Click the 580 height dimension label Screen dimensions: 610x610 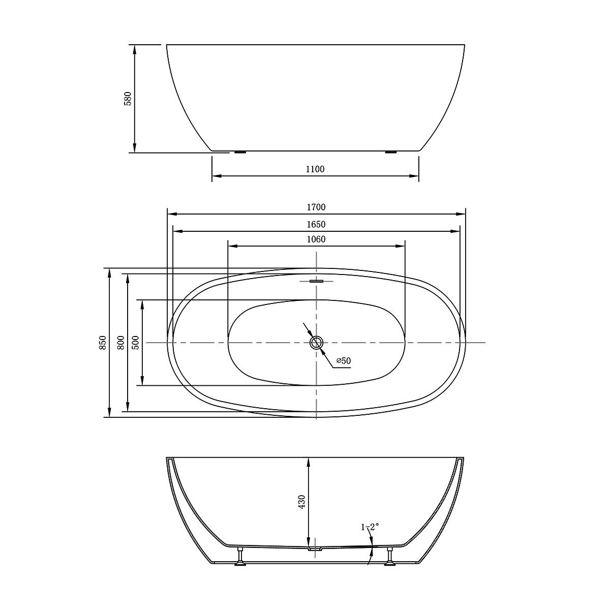click(x=128, y=98)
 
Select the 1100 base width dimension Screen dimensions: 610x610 click(x=315, y=169)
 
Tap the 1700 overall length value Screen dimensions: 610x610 click(x=316, y=207)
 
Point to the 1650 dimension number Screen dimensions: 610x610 click(x=316, y=224)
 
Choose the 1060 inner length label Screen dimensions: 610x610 click(x=316, y=239)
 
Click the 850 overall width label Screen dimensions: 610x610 click(x=103, y=343)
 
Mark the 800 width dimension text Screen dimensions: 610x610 click(x=120, y=343)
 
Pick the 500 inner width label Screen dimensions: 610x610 click(x=135, y=343)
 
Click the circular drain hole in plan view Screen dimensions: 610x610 click(x=317, y=343)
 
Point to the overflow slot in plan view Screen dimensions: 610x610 click(x=317, y=281)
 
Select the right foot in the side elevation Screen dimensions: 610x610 click(x=391, y=151)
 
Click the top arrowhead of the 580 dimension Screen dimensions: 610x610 click(x=135, y=48)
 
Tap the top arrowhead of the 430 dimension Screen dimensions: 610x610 click(x=309, y=461)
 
